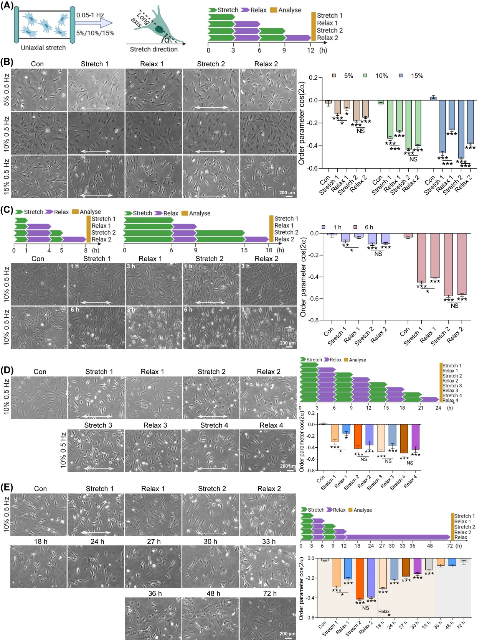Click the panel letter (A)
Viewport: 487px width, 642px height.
click(x=7, y=5)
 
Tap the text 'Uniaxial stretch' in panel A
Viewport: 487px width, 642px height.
click(x=43, y=48)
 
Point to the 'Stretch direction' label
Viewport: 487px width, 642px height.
click(x=154, y=49)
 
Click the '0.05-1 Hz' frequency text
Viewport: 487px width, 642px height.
click(x=90, y=15)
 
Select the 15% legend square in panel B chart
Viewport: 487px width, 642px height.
click(x=401, y=76)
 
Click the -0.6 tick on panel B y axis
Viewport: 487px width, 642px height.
click(x=313, y=168)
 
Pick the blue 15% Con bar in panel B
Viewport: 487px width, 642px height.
click(x=433, y=99)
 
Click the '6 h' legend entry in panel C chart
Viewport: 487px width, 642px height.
click(x=365, y=227)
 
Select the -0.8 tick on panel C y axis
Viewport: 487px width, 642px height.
click(x=314, y=320)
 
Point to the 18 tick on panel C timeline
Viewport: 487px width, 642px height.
click(x=269, y=250)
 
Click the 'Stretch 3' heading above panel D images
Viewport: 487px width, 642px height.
click(x=98, y=425)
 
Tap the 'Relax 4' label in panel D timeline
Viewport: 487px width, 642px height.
click(x=450, y=401)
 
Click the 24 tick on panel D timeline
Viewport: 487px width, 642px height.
click(x=438, y=408)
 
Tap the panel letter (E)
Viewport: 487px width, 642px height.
click(x=7, y=488)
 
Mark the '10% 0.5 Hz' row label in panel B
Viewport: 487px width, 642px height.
click(x=6, y=133)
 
